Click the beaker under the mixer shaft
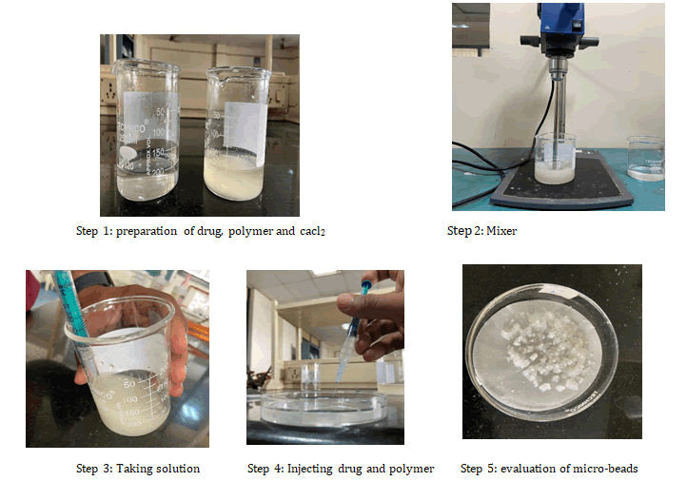pos(555,158)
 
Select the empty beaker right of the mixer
pos(646,158)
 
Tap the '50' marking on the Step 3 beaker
pos(129,384)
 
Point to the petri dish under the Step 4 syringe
pos(324,410)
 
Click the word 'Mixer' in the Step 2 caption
pos(501,231)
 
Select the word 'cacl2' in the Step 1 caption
pos(312,231)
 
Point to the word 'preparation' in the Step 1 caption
pos(147,231)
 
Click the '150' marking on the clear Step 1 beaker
pos(158,152)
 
